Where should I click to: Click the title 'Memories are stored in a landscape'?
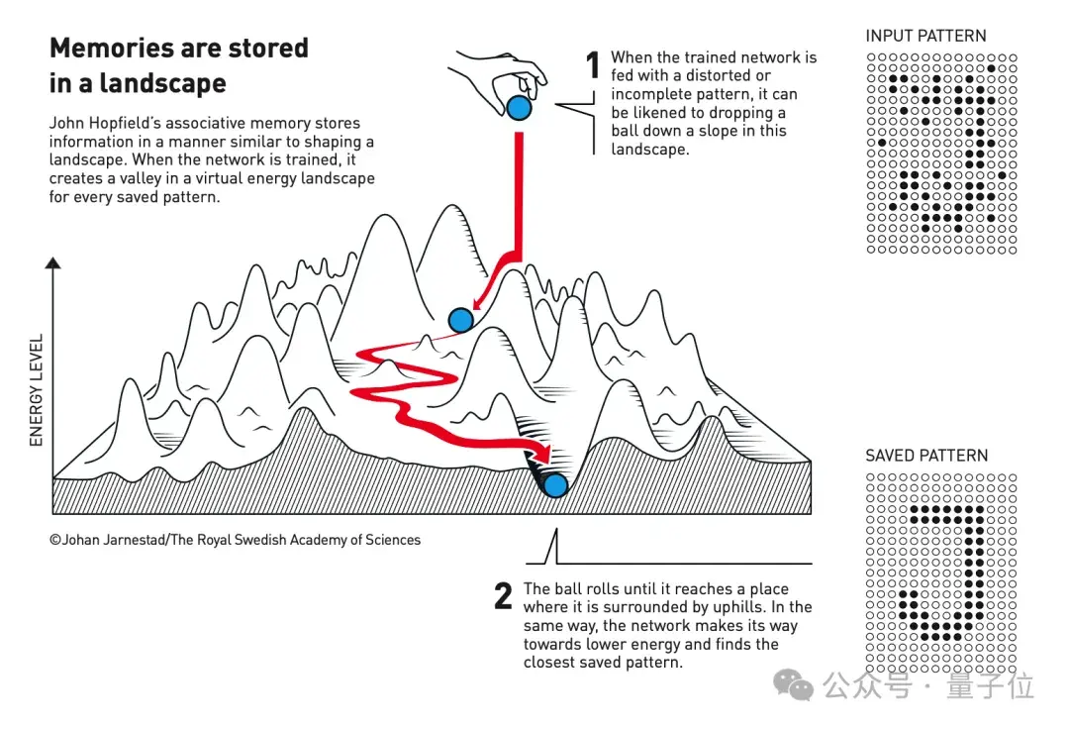[179, 65]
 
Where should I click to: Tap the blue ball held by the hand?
[519, 107]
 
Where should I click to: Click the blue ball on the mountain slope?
[460, 320]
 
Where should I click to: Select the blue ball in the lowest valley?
[555, 484]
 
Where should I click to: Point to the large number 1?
[593, 66]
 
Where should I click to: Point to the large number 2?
[504, 595]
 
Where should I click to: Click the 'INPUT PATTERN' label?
[925, 36]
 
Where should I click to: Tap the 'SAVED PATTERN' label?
[926, 456]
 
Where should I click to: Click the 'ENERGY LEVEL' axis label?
[37, 390]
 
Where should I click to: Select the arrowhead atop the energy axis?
[53, 262]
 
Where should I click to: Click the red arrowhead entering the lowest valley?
[540, 454]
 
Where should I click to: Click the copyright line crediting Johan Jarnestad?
[236, 540]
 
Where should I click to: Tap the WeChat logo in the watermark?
[795, 683]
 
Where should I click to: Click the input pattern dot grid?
[941, 153]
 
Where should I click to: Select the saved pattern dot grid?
[941, 573]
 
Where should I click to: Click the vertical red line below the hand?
[517, 188]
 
